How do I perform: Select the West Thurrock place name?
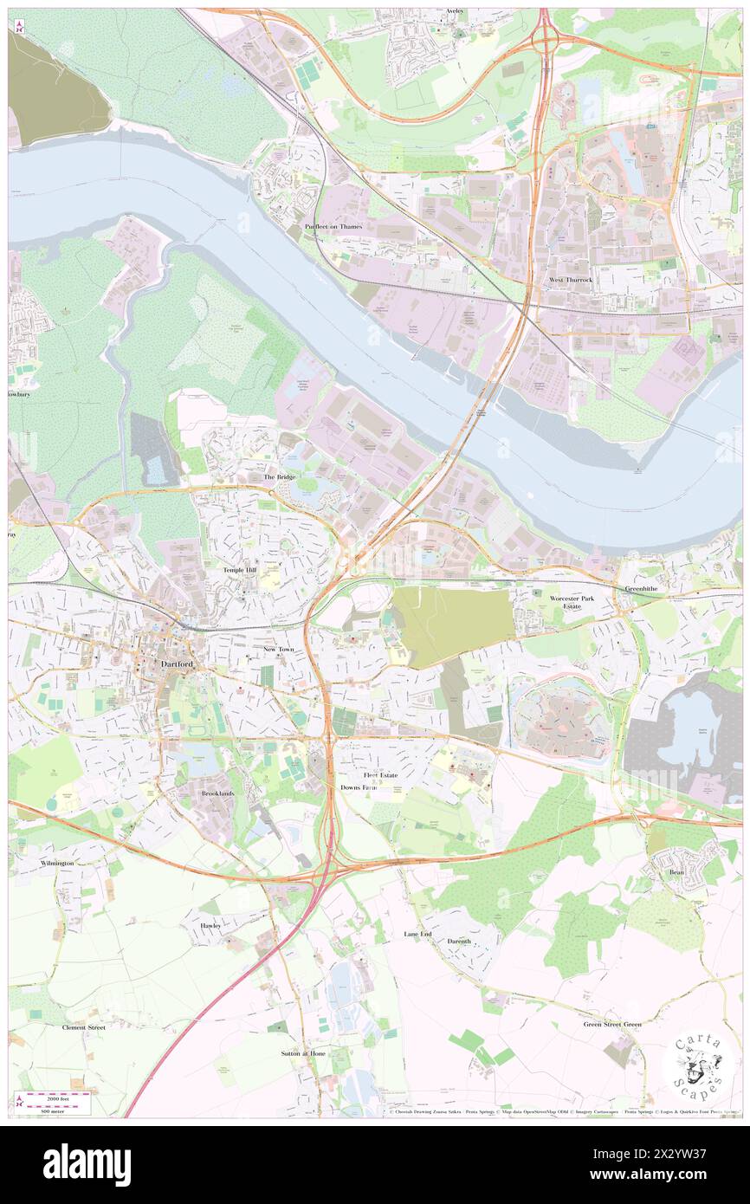click(570, 280)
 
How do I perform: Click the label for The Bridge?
click(280, 477)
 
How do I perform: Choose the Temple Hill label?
click(240, 571)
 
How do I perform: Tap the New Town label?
click(280, 648)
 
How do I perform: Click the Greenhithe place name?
click(643, 588)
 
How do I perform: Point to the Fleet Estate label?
click(380, 774)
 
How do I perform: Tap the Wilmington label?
click(57, 864)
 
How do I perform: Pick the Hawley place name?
click(210, 925)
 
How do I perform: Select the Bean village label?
click(676, 872)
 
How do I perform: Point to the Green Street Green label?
click(611, 1024)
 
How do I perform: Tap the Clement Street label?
click(83, 1027)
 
